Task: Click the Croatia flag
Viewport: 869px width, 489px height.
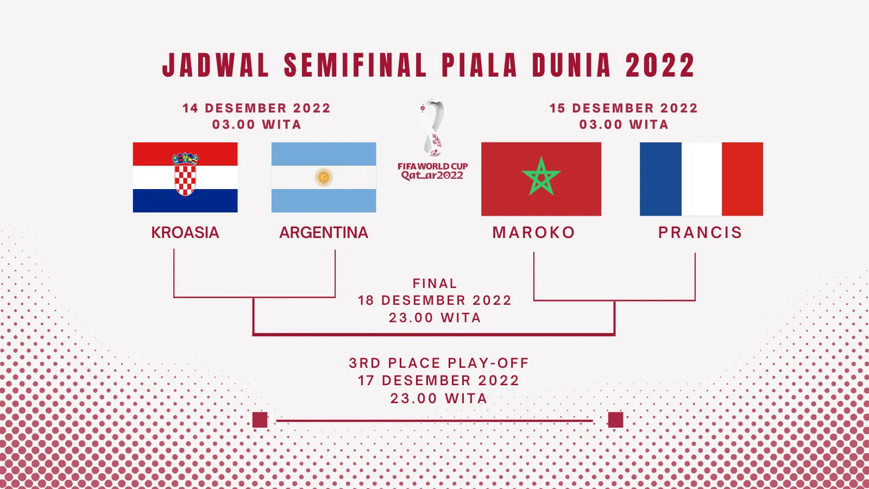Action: point(185,177)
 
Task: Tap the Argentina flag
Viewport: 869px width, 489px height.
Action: point(324,177)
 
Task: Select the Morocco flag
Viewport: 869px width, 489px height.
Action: point(541,179)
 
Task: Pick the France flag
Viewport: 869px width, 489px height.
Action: point(701,179)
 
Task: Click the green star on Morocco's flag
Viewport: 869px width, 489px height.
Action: point(541,177)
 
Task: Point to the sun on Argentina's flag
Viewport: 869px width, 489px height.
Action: point(324,177)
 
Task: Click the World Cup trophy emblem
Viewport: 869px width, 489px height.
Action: point(433,127)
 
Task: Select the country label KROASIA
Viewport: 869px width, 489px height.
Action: point(185,233)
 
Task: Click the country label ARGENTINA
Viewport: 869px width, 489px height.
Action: point(324,233)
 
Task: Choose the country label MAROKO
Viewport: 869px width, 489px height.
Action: point(534,233)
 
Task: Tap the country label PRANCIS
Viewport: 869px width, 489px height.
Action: point(700,233)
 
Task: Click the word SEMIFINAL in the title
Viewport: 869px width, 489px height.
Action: point(355,65)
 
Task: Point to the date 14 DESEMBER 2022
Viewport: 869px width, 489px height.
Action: point(256,108)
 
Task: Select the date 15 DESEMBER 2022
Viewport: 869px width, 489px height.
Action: point(624,108)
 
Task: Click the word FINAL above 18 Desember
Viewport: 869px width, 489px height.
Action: point(435,283)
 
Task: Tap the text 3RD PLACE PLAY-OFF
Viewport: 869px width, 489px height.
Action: point(439,363)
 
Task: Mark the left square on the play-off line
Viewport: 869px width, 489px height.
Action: point(260,420)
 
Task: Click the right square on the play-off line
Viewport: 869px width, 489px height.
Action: point(616,420)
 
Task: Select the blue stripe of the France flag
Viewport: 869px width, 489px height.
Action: point(660,179)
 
